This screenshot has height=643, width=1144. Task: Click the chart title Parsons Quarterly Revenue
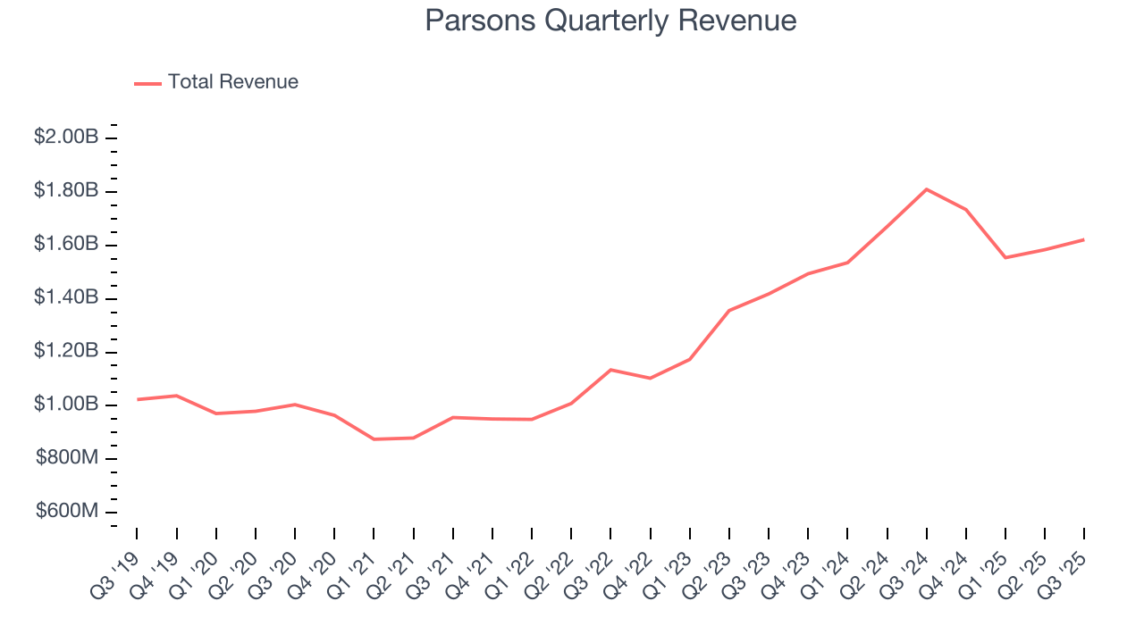(610, 21)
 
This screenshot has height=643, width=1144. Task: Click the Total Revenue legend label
(232, 82)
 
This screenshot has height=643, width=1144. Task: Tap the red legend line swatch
(147, 83)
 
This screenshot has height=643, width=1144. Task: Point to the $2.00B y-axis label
(66, 138)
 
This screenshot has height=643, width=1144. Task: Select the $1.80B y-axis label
(66, 191)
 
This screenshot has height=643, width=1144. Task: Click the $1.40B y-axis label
(66, 297)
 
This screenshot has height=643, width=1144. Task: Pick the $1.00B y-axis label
(66, 405)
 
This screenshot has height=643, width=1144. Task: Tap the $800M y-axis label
(67, 458)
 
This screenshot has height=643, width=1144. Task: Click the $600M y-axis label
(67, 512)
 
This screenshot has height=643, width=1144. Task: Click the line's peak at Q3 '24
(927, 189)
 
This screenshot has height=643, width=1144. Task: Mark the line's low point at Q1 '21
(374, 439)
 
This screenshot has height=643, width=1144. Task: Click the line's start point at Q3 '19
(137, 399)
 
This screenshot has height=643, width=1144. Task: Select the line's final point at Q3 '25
(1084, 239)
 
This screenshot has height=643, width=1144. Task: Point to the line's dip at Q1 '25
(1005, 258)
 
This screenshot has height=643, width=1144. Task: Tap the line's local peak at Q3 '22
(610, 370)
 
